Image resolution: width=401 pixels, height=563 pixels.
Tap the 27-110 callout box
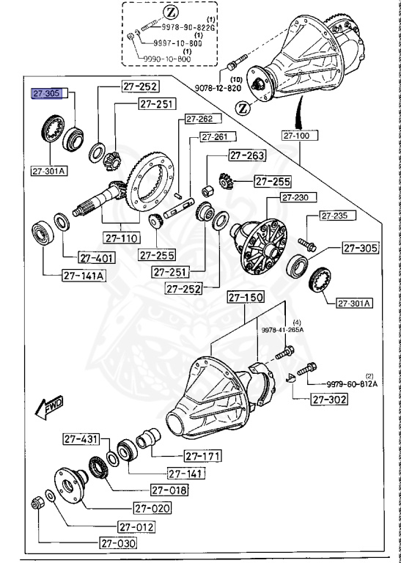pos(121,238)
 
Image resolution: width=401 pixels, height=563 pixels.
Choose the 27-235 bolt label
pos(335,216)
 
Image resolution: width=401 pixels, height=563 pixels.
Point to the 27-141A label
pos(84,276)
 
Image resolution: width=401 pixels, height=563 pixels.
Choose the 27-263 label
pos(246,155)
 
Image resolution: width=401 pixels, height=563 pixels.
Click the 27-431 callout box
pos(80,440)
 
